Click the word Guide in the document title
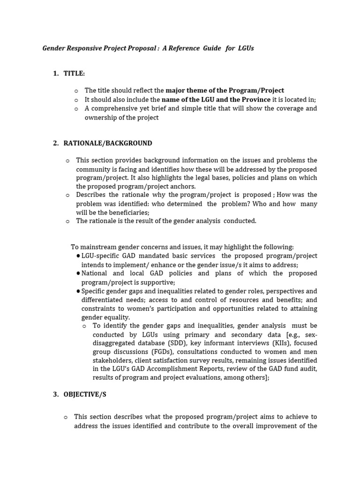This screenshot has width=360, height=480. [x=211, y=48]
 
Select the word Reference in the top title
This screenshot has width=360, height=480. [x=185, y=48]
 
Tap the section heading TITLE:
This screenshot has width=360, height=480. [x=74, y=74]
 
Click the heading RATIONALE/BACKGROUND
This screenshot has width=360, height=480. [x=108, y=143]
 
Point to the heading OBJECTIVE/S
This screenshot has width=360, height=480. [x=85, y=394]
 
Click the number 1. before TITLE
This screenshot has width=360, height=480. [x=56, y=74]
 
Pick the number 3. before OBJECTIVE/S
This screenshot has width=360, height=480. [x=56, y=394]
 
